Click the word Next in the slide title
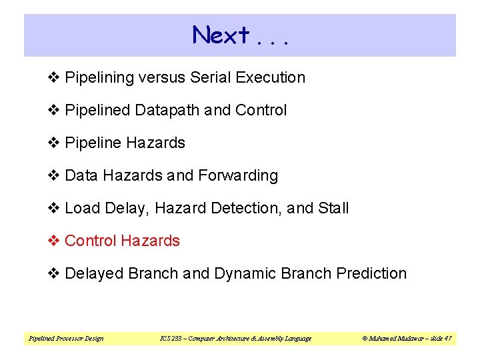tap(221, 35)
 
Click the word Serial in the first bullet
tap(209, 77)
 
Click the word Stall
tap(333, 208)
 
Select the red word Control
tap(89, 241)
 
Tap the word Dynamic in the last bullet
tap(244, 273)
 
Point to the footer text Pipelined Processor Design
tap(66, 339)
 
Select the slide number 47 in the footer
tap(447, 339)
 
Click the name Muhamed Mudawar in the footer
tap(394, 339)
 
